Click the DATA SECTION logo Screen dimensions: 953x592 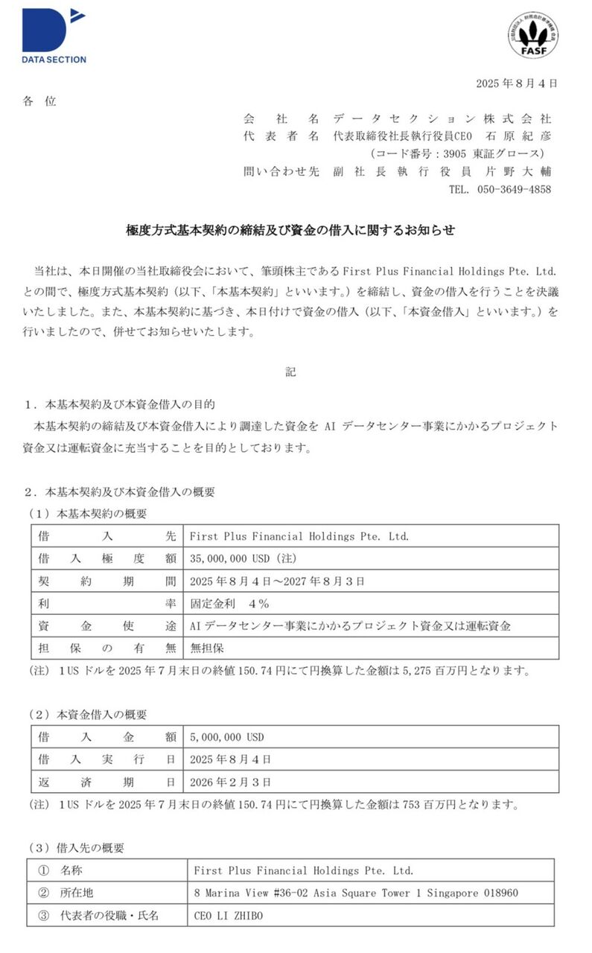coord(54,36)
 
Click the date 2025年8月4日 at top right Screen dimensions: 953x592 coord(516,83)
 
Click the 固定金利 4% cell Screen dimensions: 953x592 coord(229,603)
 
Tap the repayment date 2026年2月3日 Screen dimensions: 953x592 coord(231,782)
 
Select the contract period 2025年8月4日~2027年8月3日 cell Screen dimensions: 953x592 coord(277,581)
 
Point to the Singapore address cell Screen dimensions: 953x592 coord(356,893)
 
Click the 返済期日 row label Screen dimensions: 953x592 coord(106,782)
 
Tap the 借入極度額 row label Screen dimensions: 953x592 coord(106,558)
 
